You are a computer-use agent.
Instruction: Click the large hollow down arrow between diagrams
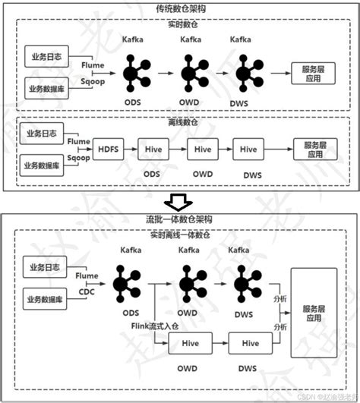point(178,200)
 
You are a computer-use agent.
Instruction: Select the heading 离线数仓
point(179,121)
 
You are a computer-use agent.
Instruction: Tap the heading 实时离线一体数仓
point(179,237)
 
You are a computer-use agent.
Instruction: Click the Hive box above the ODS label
point(151,149)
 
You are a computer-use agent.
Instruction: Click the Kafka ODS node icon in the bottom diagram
point(128,282)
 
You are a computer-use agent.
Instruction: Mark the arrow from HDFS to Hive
point(130,149)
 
